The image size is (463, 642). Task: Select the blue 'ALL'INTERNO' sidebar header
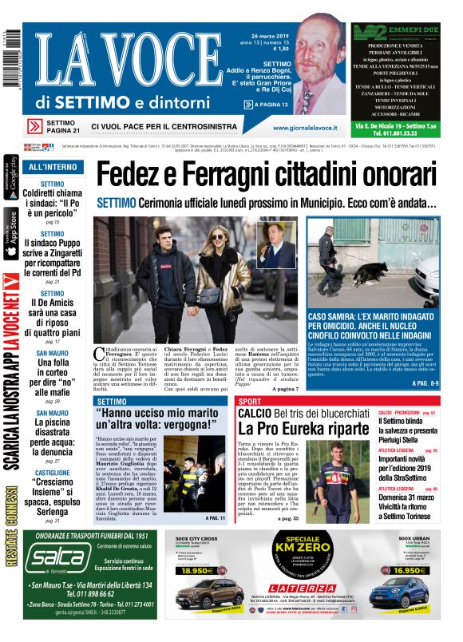[x=53, y=168]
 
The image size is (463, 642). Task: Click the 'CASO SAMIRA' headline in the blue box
[x=371, y=322]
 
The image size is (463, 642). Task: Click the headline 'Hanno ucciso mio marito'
[x=160, y=420]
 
